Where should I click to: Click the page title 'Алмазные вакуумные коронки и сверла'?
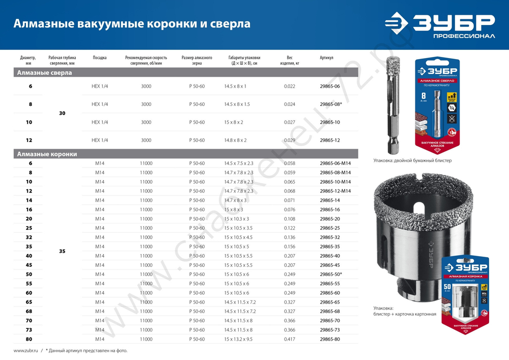(x=131, y=24)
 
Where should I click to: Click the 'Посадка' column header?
(x=100, y=58)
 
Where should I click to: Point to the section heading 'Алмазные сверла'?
(x=45, y=73)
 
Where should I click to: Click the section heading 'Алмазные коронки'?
(x=47, y=154)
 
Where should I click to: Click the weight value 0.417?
(x=290, y=339)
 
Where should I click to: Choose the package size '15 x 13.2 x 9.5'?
(x=239, y=339)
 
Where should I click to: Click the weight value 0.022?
(x=290, y=87)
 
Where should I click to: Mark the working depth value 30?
(x=62, y=113)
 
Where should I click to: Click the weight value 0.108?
(x=290, y=219)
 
